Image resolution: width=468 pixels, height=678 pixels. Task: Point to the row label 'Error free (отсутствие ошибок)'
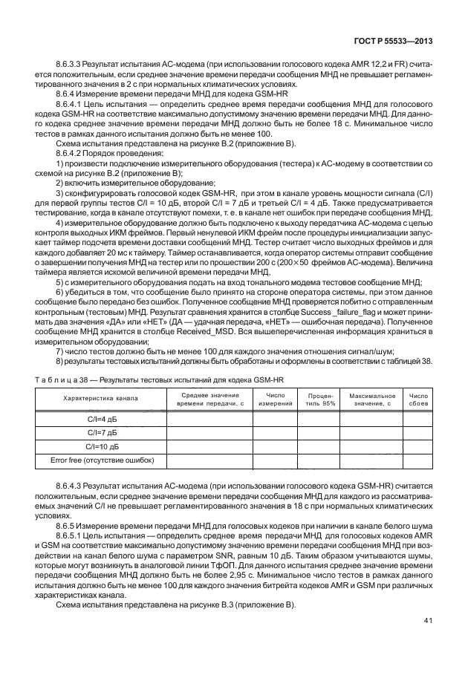(x=103, y=461)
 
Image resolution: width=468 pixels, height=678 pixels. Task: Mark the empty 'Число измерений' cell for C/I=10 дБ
(x=276, y=448)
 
